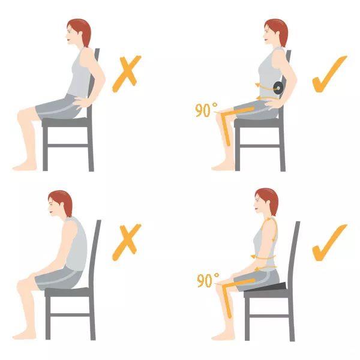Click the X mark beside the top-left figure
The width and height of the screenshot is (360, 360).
[127, 74]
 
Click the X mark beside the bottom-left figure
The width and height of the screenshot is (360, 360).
[127, 242]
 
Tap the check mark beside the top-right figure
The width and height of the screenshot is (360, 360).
[329, 74]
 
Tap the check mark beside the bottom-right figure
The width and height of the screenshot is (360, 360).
[329, 242]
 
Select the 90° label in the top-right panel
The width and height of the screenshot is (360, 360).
[206, 110]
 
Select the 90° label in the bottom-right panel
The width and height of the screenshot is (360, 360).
[208, 280]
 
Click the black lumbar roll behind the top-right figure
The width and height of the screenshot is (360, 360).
[278, 88]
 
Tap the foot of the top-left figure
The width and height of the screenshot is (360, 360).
[25, 167]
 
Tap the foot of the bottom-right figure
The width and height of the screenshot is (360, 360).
[223, 337]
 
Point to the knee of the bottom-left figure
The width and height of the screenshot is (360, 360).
[22, 287]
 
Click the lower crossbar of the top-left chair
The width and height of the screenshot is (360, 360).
[68, 146]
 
